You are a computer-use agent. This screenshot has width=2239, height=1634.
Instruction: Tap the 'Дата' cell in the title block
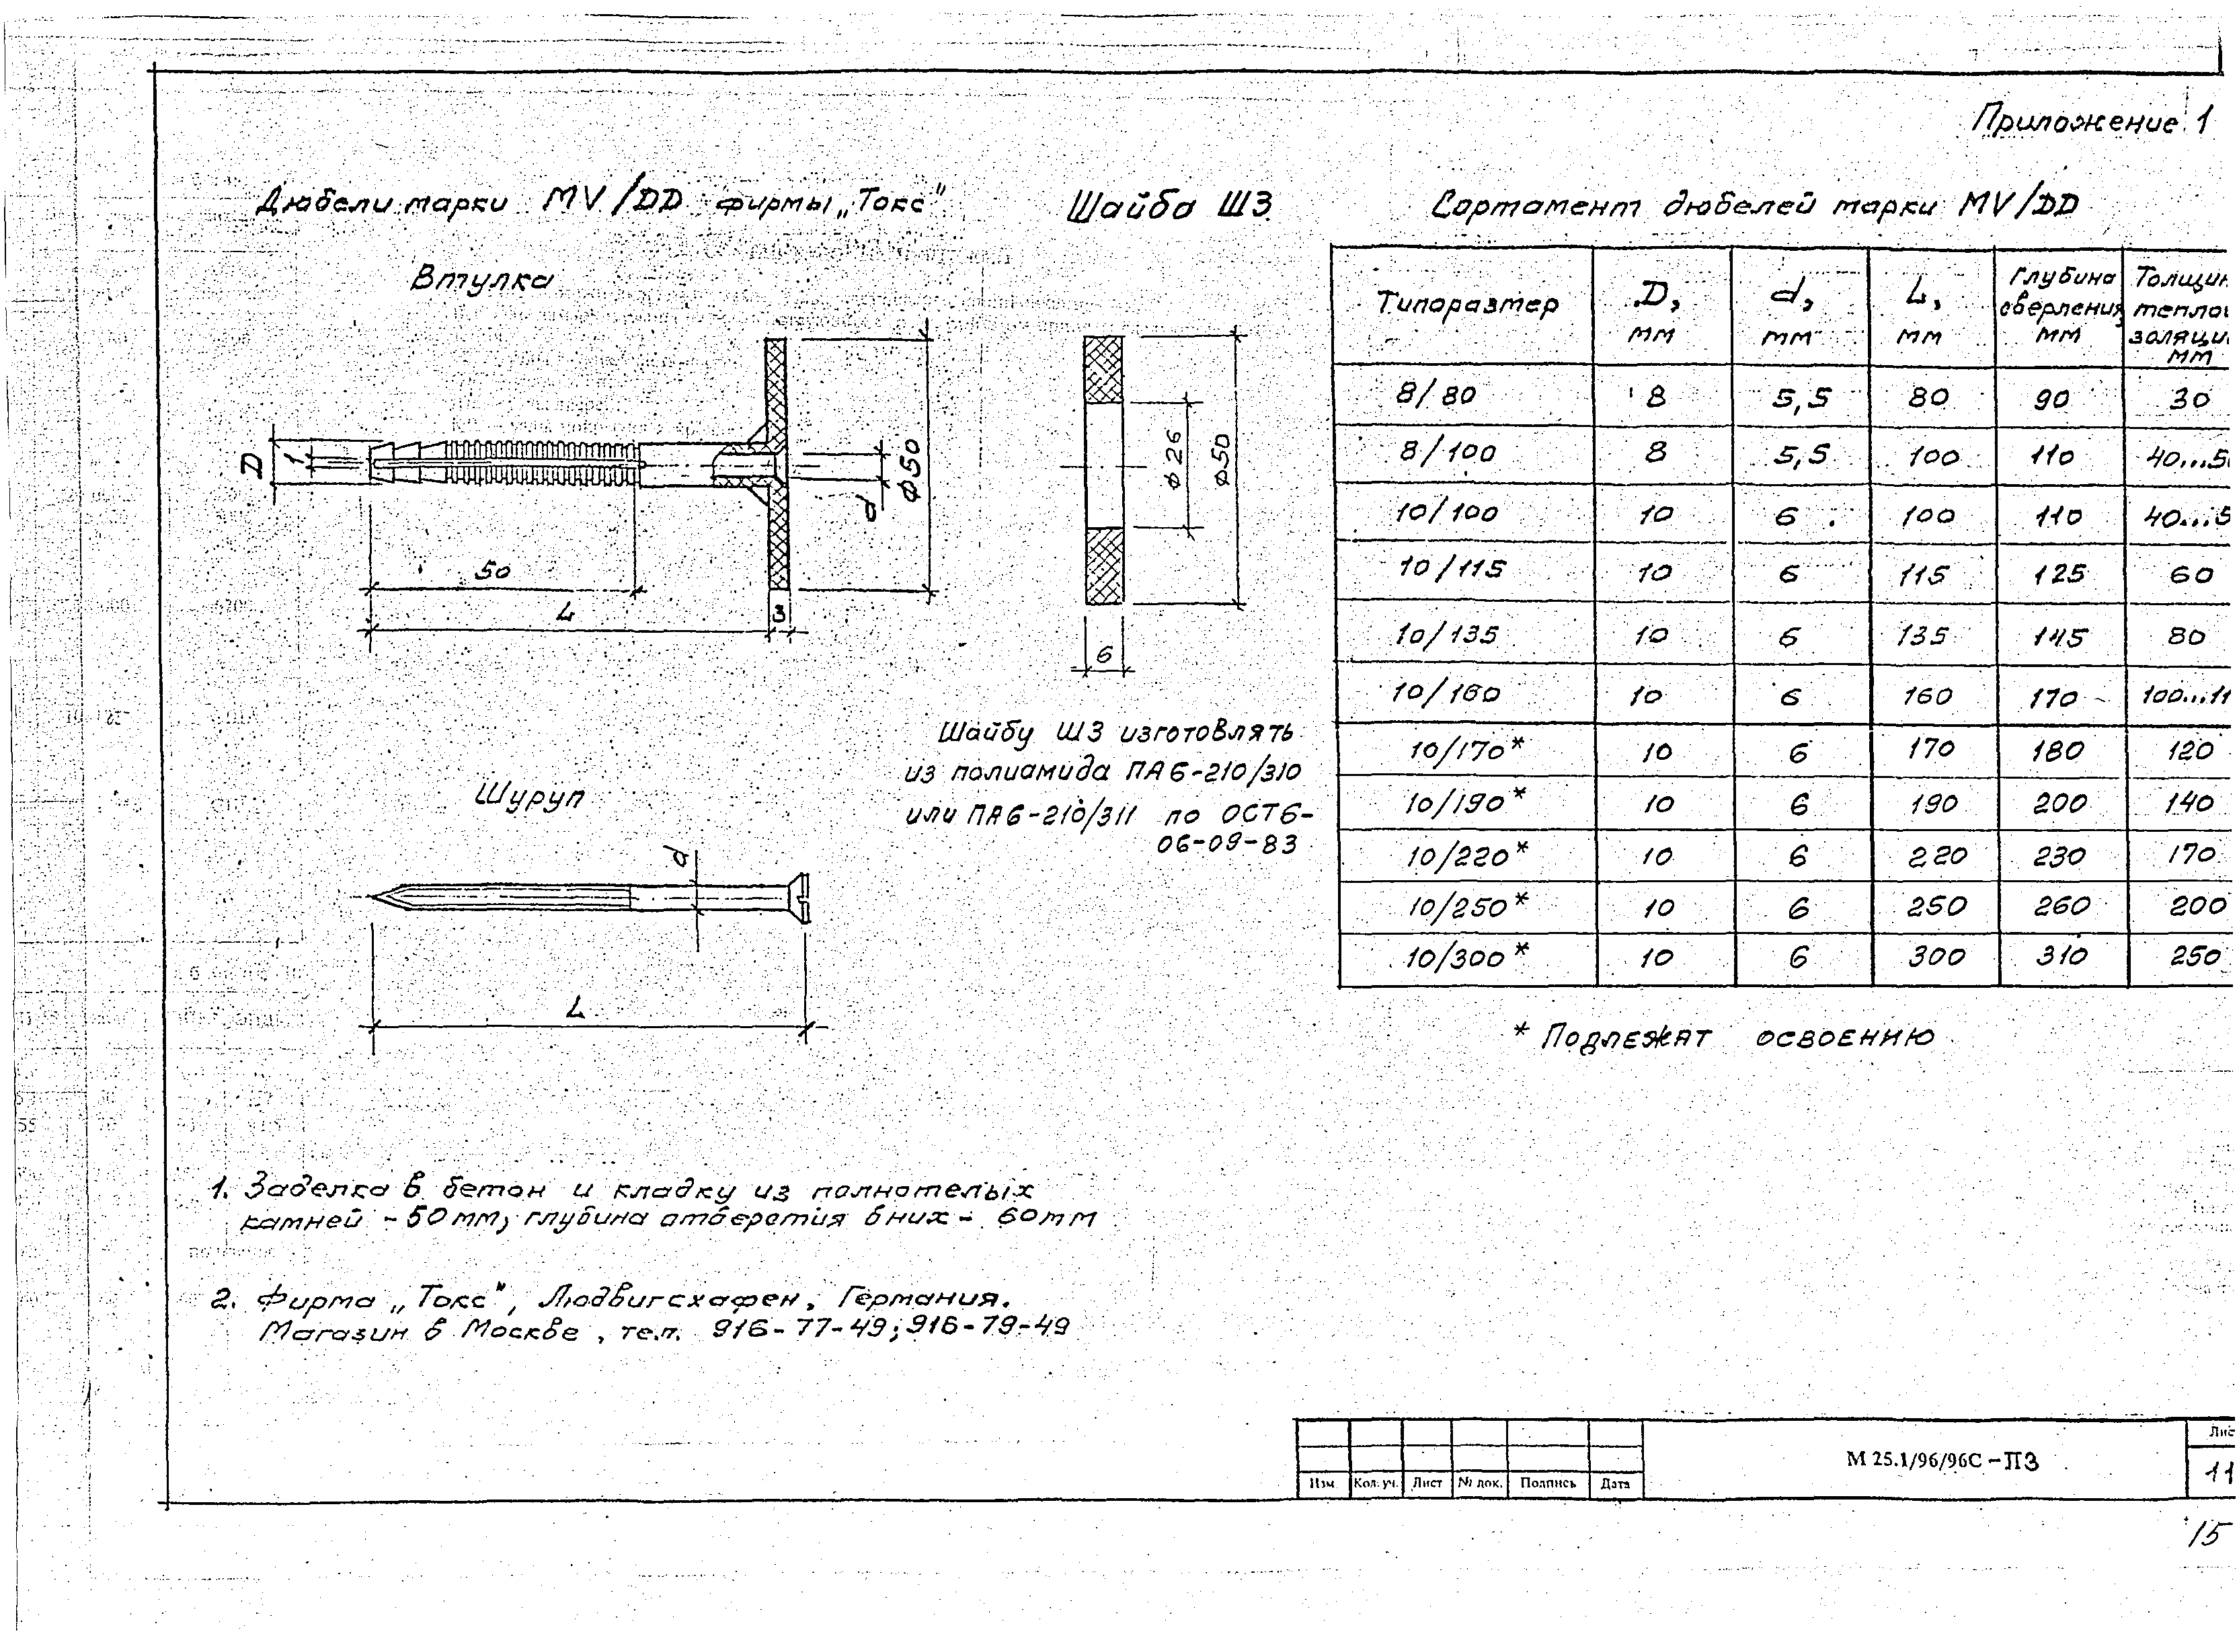[x=1615, y=1483]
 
